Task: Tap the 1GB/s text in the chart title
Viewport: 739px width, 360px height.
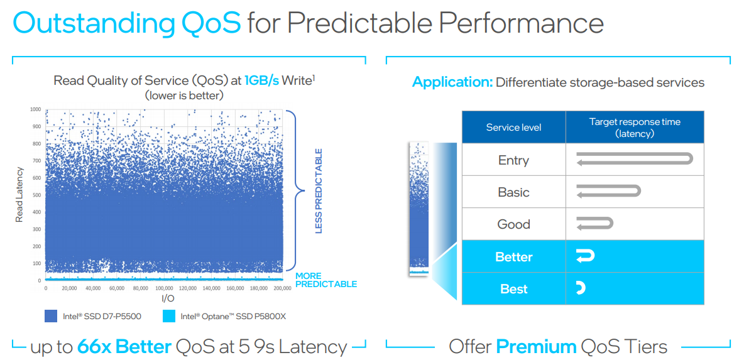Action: pos(261,80)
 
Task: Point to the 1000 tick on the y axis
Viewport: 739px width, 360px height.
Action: pos(35,109)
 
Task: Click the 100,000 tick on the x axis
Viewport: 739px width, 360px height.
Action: pos(164,288)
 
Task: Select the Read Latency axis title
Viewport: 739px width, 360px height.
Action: pos(19,195)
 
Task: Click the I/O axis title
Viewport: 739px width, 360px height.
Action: pos(164,298)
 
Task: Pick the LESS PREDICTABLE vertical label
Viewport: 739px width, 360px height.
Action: pos(319,191)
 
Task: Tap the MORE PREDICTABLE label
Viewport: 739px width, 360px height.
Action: pos(326,280)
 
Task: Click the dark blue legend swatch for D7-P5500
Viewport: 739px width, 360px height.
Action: pos(51,316)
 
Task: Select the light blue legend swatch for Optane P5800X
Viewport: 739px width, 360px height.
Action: pos(168,316)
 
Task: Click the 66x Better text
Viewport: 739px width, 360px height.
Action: pos(124,347)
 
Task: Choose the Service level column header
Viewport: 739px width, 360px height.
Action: pos(514,127)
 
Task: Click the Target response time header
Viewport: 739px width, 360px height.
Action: pos(635,127)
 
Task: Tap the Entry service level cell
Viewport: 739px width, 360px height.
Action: pos(514,160)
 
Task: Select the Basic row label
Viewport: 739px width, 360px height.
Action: pos(514,192)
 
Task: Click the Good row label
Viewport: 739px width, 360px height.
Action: pos(514,224)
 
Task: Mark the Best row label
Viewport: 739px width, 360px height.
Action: pos(514,288)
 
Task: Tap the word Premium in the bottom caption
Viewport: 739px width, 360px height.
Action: pos(537,347)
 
